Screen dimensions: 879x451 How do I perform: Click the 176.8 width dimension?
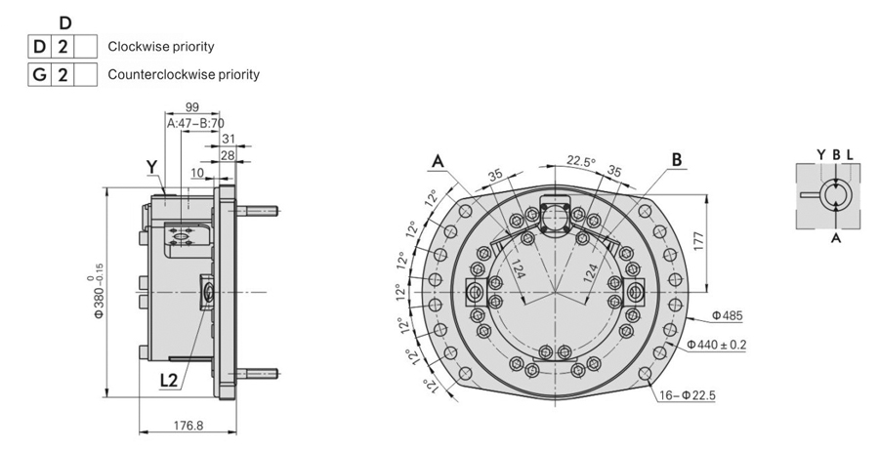[188, 426]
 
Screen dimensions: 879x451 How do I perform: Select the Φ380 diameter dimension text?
[99, 295]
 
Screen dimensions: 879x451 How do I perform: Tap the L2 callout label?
[169, 381]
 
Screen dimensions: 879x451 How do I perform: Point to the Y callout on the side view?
[152, 166]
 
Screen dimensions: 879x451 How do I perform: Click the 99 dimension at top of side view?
[192, 108]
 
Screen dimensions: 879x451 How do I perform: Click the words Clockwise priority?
[161, 47]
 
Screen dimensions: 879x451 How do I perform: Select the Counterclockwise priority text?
[184, 74]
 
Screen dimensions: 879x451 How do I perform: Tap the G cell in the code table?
[39, 74]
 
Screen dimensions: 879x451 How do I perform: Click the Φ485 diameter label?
[727, 316]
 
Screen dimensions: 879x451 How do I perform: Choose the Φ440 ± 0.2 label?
[717, 345]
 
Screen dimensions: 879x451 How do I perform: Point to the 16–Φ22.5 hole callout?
[687, 395]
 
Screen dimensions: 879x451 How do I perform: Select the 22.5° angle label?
[581, 161]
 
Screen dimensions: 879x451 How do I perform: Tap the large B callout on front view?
[677, 160]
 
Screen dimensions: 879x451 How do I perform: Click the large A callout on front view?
[438, 161]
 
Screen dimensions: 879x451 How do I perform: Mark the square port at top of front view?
[555, 214]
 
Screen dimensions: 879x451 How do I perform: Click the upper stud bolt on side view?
[258, 211]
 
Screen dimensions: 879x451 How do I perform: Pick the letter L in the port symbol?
[850, 155]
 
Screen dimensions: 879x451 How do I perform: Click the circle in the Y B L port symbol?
[836, 195]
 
